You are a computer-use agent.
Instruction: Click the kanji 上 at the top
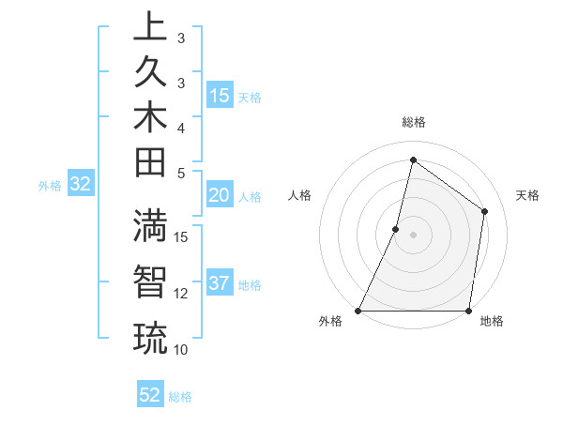[x=149, y=27]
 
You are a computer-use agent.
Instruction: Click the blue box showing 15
[x=220, y=95]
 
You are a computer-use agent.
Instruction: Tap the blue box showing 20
[x=220, y=195]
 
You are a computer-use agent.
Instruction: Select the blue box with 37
[x=220, y=283]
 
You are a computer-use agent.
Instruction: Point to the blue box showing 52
[x=150, y=395]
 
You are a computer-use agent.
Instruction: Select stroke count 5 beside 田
[x=181, y=173]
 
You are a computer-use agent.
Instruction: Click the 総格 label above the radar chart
[x=414, y=122]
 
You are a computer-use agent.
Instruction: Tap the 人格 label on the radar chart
[x=300, y=195]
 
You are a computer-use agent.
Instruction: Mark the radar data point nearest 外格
[x=358, y=311]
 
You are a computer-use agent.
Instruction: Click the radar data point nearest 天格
[x=485, y=211]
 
